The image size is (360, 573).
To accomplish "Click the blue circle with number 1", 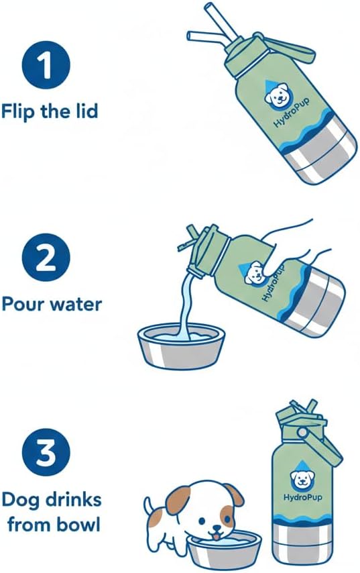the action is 46,66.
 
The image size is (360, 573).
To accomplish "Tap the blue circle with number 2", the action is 46,257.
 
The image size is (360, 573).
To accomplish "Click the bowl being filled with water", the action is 182,346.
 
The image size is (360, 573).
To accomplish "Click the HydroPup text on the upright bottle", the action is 302,497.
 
